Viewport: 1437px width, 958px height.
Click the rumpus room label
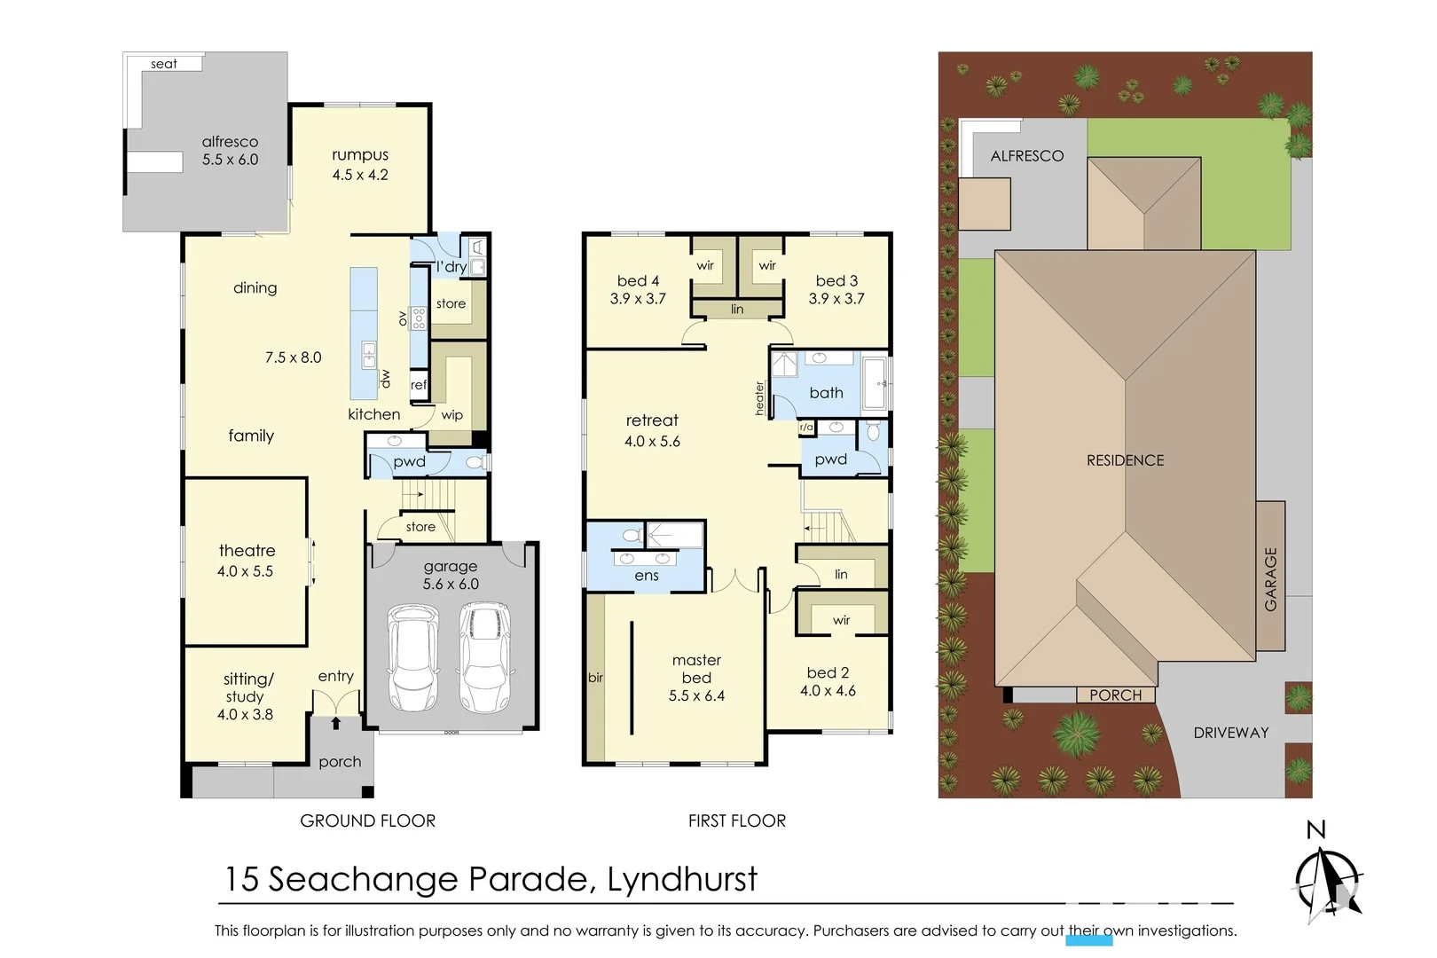pyautogui.click(x=360, y=155)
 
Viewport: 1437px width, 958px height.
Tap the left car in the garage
pyautogui.click(x=412, y=657)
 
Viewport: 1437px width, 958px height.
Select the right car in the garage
pyautogui.click(x=483, y=656)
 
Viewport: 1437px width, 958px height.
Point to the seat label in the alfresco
pyautogui.click(x=163, y=64)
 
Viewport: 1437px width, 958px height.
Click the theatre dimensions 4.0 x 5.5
pyautogui.click(x=245, y=571)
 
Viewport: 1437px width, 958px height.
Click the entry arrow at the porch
pyautogui.click(x=335, y=724)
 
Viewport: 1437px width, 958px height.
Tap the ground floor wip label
pyautogui.click(x=452, y=415)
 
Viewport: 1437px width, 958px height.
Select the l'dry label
pyautogui.click(x=451, y=267)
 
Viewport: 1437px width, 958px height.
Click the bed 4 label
pyautogui.click(x=638, y=281)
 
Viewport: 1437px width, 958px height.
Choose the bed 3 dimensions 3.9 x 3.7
pyautogui.click(x=836, y=299)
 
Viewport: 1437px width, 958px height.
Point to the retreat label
pyautogui.click(x=652, y=420)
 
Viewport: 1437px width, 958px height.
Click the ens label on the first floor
pyautogui.click(x=647, y=576)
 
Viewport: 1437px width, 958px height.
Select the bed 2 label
pyautogui.click(x=828, y=673)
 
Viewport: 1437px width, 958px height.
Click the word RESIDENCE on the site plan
pyautogui.click(x=1125, y=460)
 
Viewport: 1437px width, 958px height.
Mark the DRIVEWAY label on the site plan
pyautogui.click(x=1230, y=733)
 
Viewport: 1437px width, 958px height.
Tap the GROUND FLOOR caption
pyautogui.click(x=367, y=821)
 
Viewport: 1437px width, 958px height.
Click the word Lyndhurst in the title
pyautogui.click(x=682, y=880)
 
